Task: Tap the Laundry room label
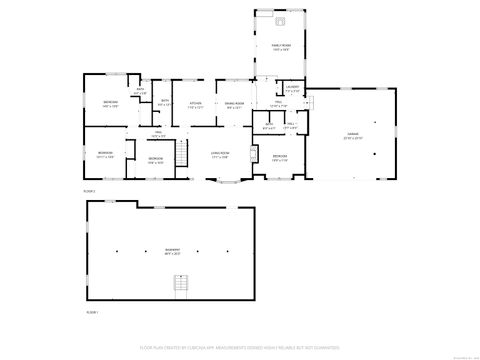(x=292, y=89)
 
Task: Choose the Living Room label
(x=220, y=154)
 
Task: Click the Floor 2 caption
(x=89, y=190)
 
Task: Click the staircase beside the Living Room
(x=182, y=153)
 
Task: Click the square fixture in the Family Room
(x=281, y=20)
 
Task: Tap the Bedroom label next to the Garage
(x=280, y=158)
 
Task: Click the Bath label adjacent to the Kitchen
(x=163, y=104)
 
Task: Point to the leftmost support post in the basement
(x=117, y=249)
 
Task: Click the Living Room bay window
(x=232, y=180)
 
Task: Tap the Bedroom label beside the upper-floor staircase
(x=155, y=160)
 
